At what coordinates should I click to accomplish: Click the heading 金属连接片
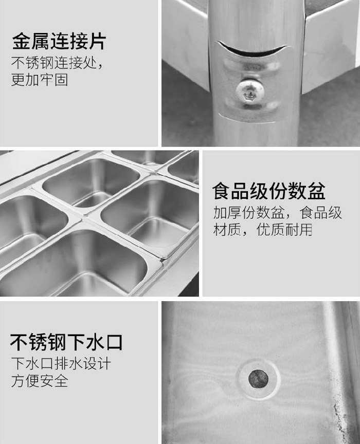click(x=59, y=41)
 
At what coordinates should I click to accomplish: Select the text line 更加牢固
click(x=40, y=80)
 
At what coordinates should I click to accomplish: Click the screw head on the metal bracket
click(x=250, y=90)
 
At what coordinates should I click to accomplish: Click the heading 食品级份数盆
click(x=269, y=191)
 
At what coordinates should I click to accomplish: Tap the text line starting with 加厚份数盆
click(x=278, y=213)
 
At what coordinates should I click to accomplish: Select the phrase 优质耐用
click(x=284, y=229)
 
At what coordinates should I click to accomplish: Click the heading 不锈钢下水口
click(x=66, y=342)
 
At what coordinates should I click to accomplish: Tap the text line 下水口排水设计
click(x=61, y=363)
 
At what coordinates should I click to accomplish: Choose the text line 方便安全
click(x=40, y=380)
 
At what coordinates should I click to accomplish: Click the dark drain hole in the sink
click(x=258, y=379)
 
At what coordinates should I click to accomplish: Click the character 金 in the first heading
click(x=21, y=41)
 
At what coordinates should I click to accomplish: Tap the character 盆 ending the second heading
click(x=316, y=191)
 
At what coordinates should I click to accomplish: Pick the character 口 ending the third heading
click(x=113, y=342)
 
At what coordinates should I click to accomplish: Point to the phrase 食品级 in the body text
click(x=320, y=213)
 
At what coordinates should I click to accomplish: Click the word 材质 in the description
click(x=227, y=229)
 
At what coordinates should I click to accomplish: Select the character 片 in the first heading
click(x=97, y=41)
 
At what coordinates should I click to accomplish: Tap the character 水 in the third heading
click(x=95, y=342)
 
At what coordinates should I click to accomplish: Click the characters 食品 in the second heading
click(x=231, y=191)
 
